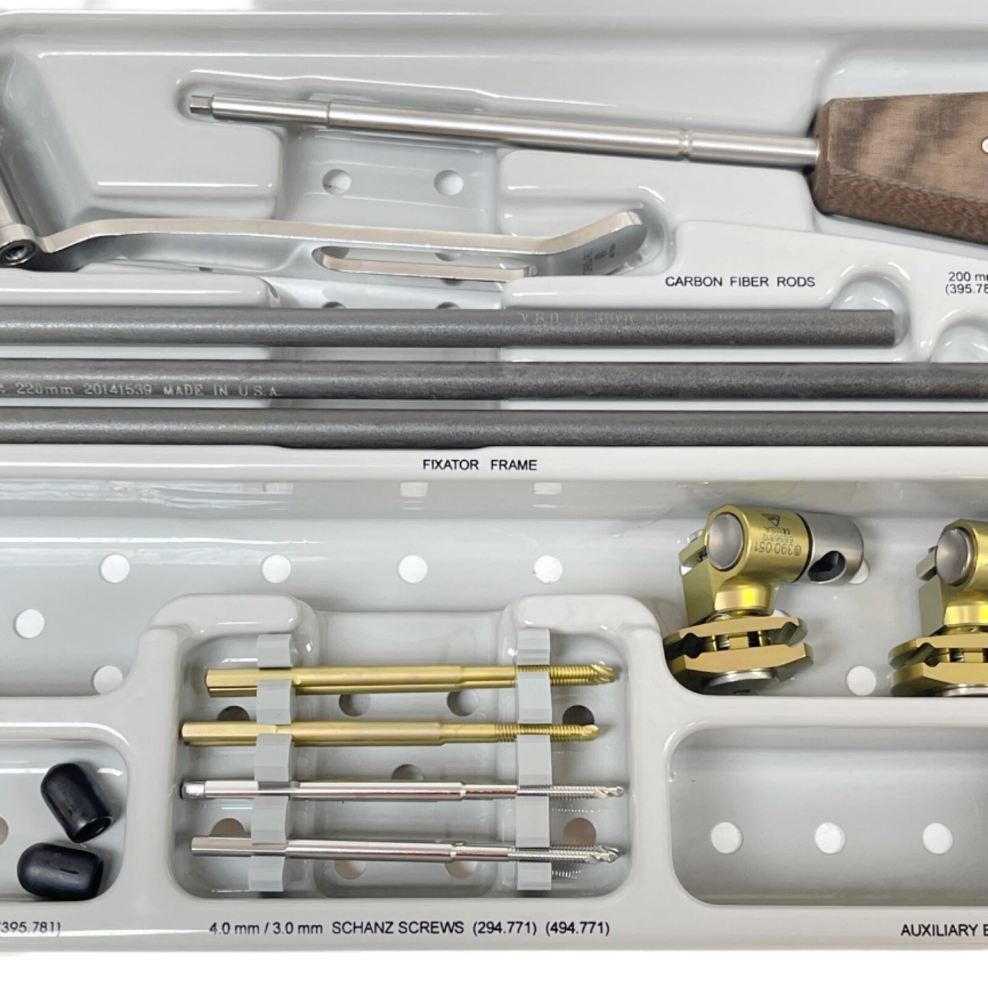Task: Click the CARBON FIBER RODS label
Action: coord(740,281)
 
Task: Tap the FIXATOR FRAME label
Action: coord(479,465)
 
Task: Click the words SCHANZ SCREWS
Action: coord(388,928)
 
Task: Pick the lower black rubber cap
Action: coord(61,870)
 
